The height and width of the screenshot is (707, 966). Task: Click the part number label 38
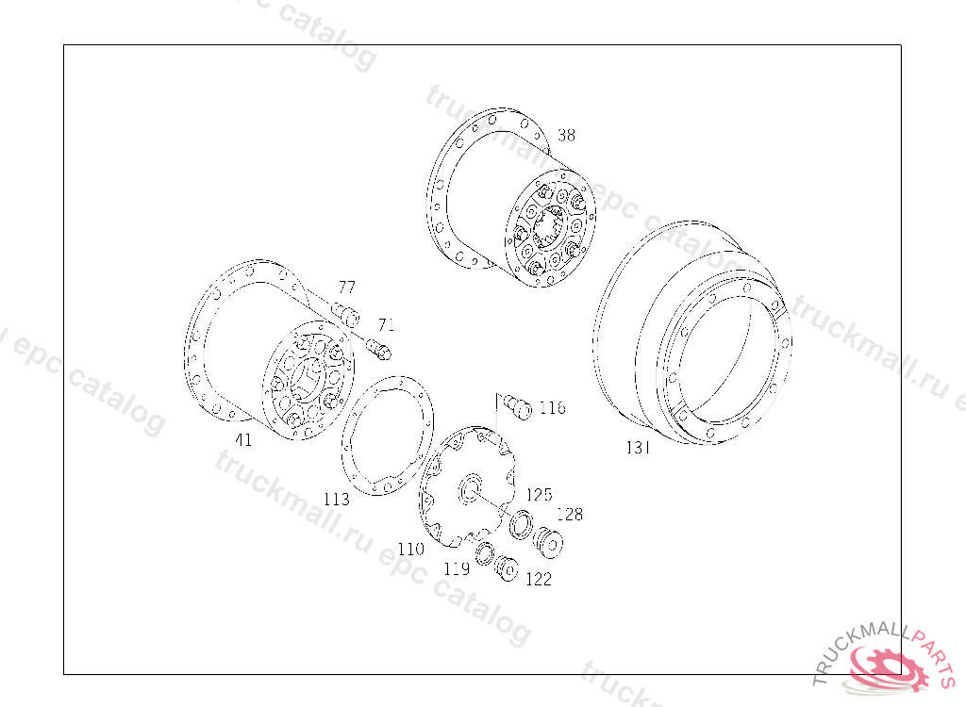(566, 135)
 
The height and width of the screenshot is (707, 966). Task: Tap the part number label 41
(243, 439)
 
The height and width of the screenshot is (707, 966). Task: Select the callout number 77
(347, 287)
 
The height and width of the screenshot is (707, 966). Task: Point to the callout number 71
(386, 324)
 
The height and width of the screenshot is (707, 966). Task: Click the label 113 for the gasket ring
(337, 499)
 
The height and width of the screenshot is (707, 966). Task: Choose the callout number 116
(552, 407)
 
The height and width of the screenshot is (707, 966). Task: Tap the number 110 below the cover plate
(411, 548)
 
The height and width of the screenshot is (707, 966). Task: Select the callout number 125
(539, 495)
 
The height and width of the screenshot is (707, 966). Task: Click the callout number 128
(569, 514)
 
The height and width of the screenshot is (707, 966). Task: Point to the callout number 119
(457, 568)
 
